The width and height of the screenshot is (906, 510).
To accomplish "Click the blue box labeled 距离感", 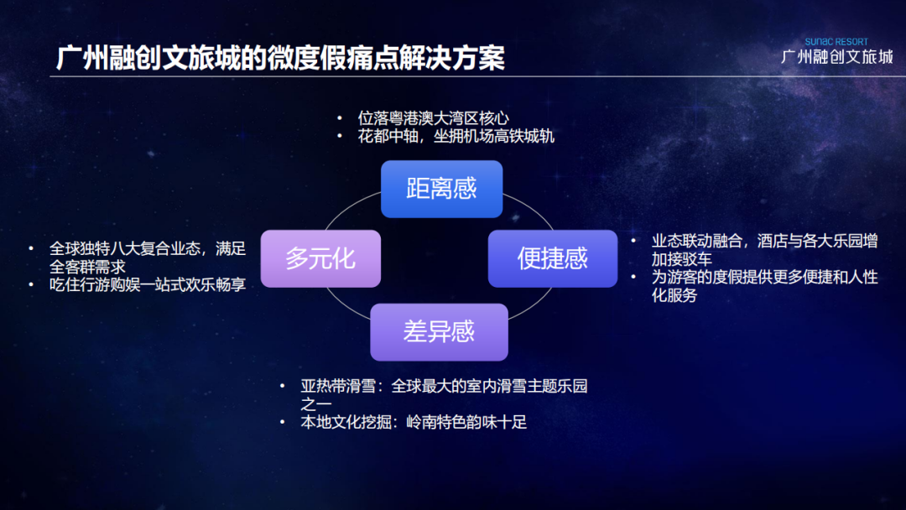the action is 441,189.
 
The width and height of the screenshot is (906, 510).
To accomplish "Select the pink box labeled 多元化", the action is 320,258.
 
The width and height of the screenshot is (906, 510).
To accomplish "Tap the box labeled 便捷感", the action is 552,258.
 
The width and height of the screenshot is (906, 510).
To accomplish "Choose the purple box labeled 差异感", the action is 439,332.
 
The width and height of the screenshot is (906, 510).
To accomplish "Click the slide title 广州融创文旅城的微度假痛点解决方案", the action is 280,58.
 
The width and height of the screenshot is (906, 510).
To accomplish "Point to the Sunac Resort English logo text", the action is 836,42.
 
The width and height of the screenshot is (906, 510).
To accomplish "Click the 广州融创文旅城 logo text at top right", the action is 836,56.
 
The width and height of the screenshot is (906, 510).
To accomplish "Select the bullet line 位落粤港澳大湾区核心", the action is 434,118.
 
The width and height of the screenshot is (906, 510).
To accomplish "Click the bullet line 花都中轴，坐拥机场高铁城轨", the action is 456,137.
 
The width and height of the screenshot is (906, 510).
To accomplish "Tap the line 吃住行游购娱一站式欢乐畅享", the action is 148,284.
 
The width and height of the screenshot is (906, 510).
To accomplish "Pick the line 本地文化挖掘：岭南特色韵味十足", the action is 414,422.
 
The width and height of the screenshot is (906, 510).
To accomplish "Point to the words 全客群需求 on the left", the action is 87,267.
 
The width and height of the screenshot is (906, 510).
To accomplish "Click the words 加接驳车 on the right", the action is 682,259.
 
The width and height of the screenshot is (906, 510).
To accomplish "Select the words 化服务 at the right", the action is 674,295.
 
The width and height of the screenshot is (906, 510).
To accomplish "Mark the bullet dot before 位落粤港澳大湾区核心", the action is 340,118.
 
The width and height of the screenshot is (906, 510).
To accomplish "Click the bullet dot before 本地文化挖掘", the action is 282,422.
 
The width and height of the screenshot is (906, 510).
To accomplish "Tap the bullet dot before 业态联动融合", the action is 634,241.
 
